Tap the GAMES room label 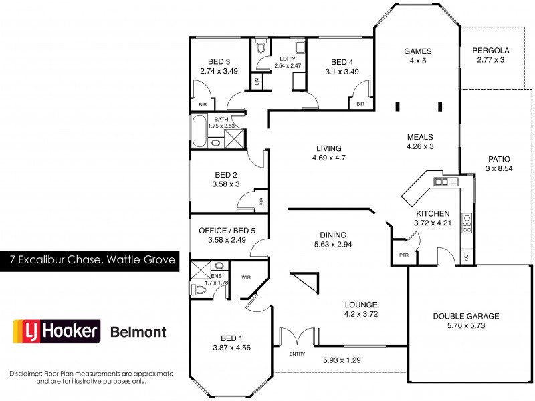pos(418,51)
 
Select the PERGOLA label pos(491,50)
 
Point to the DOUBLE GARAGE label pos(465,316)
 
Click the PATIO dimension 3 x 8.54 pos(499,169)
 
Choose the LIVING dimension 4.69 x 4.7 pos(328,158)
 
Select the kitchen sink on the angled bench pos(442,181)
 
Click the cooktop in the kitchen pos(467,222)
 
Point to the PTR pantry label pos(403,255)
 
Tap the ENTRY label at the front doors pos(296,353)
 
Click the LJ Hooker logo pos(57,331)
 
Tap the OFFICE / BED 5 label pos(227,231)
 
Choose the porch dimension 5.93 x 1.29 pos(342,359)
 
